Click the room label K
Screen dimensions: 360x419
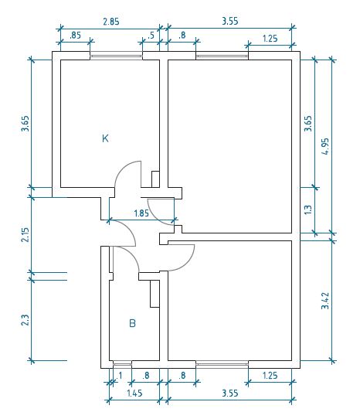[x=106, y=138]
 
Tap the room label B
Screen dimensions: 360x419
[x=132, y=323]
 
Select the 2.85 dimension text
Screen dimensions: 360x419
[x=111, y=22]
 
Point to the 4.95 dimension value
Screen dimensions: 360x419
[x=325, y=146]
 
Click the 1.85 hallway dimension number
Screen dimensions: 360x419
[x=141, y=213]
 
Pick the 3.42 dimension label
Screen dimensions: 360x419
[x=325, y=301]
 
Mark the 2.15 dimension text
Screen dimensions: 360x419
[x=25, y=234]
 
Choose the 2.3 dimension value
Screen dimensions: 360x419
[x=25, y=320]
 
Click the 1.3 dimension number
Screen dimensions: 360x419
[x=308, y=209]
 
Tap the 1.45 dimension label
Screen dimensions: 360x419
[x=134, y=393]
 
